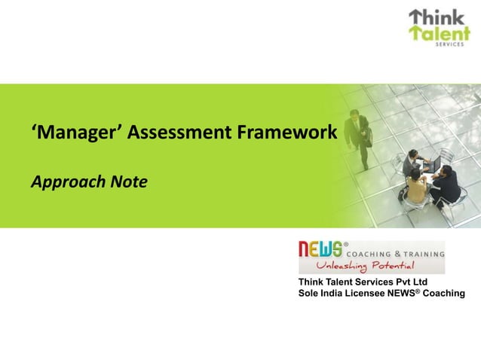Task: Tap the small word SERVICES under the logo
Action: [x=453, y=45]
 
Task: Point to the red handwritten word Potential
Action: [x=388, y=266]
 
